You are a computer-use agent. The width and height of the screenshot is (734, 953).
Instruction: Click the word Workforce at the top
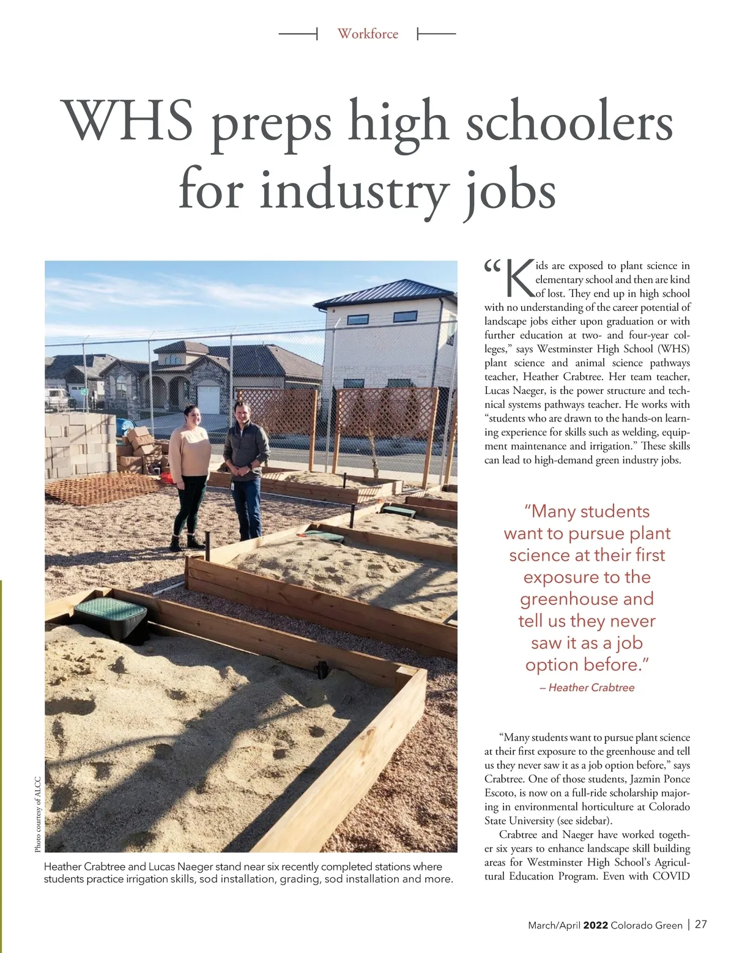[368, 34]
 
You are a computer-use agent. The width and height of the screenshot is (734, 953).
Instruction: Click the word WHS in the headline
[130, 121]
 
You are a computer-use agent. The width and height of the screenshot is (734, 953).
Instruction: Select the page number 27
[701, 924]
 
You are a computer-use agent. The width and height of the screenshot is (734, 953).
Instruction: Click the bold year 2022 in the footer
[595, 925]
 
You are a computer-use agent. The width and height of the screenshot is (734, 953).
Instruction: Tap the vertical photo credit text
[38, 814]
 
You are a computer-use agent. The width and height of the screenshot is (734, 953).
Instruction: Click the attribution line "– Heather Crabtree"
[587, 688]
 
